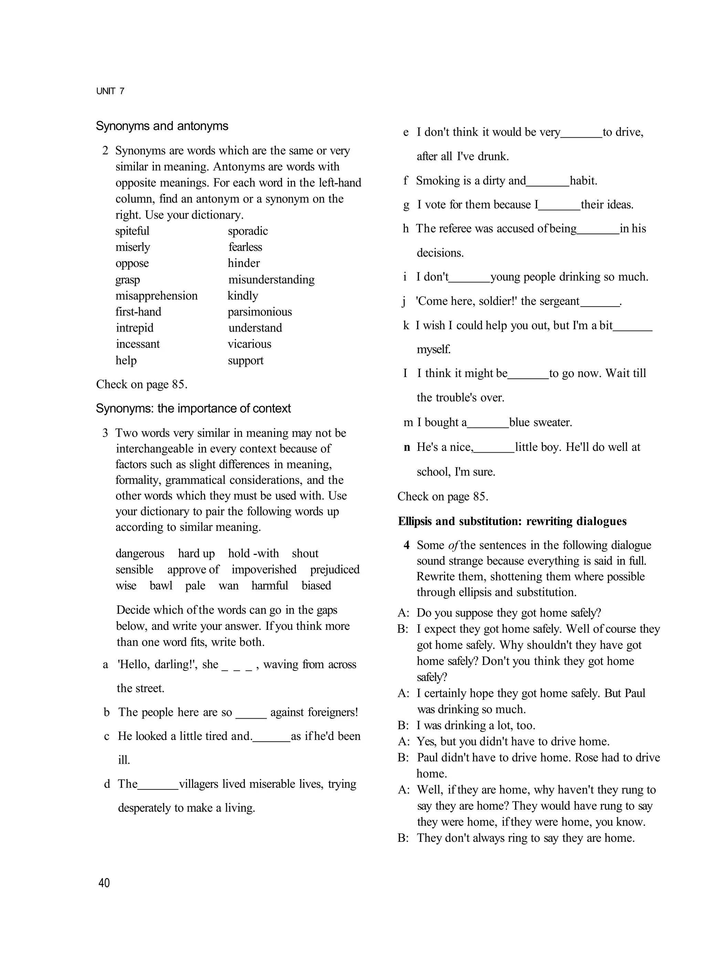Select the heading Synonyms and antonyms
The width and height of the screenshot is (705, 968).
coord(162,126)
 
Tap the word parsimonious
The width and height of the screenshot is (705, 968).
coord(260,312)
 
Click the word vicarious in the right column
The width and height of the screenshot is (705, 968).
coord(249,344)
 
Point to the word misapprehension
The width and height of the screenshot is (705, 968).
coord(156,296)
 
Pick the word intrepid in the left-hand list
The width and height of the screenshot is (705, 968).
coord(135,328)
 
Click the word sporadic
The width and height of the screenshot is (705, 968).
coord(248,231)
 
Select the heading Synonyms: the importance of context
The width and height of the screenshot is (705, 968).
coord(193,408)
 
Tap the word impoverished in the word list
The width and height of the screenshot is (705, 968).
coord(264,570)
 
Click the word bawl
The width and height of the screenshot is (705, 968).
coord(161,585)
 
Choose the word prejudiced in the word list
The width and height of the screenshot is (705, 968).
coord(335,570)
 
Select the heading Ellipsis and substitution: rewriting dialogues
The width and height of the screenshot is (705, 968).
coord(512,521)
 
